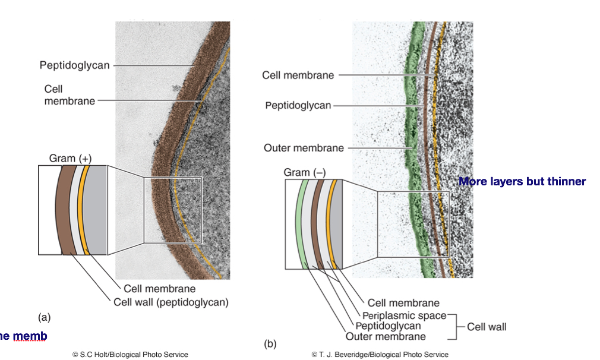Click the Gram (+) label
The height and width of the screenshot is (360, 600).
[x=70, y=158]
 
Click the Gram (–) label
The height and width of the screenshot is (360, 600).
[x=305, y=172]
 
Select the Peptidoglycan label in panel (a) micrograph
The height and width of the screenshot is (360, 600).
[x=75, y=65]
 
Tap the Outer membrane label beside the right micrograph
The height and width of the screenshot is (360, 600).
[x=304, y=148]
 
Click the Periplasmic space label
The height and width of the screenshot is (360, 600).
[x=404, y=315]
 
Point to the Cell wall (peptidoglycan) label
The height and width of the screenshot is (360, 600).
[x=171, y=302]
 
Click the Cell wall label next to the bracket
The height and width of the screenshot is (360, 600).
[x=487, y=326]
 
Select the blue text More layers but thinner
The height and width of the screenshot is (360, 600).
[x=522, y=181]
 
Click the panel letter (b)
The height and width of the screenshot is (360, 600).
[x=270, y=344]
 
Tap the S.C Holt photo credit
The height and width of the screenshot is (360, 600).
[x=130, y=355]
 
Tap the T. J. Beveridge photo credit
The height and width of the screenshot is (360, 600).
[x=380, y=355]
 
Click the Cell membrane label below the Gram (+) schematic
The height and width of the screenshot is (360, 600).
[x=159, y=289]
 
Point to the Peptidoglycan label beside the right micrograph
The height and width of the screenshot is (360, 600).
[x=298, y=106]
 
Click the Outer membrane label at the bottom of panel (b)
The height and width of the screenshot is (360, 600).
[x=386, y=336]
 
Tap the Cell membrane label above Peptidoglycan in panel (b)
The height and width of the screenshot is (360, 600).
[x=298, y=75]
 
